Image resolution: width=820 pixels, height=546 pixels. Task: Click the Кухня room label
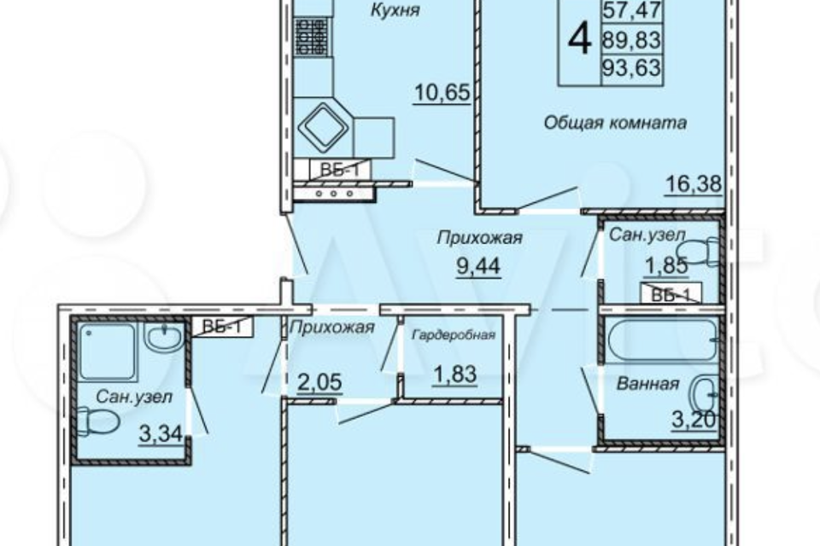pyautogui.click(x=395, y=10)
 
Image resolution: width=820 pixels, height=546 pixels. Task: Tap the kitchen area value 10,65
pyautogui.click(x=442, y=93)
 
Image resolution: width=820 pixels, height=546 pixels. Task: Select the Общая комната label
pyautogui.click(x=615, y=123)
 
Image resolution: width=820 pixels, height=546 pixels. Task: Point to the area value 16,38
pyautogui.click(x=693, y=183)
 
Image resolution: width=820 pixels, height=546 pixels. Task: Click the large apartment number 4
pyautogui.click(x=579, y=40)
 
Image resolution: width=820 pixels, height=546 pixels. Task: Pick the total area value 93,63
pyautogui.click(x=632, y=67)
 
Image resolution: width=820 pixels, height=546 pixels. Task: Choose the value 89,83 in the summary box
pyautogui.click(x=632, y=40)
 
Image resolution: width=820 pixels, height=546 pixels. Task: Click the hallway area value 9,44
pyautogui.click(x=478, y=266)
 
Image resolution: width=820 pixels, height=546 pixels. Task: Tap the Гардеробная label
pyautogui.click(x=454, y=335)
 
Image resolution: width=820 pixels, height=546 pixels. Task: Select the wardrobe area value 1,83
pyautogui.click(x=454, y=375)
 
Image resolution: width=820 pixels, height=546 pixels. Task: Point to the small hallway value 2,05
pyautogui.click(x=319, y=382)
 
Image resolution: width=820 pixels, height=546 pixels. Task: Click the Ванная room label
pyautogui.click(x=648, y=384)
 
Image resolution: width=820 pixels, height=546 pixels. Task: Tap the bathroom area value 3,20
pyautogui.click(x=694, y=419)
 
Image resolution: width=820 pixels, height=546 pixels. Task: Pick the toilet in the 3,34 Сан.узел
pyautogui.click(x=98, y=421)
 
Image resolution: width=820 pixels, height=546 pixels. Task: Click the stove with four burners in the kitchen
pyautogui.click(x=312, y=37)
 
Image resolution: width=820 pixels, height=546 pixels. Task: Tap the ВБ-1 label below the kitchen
pyautogui.click(x=340, y=170)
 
